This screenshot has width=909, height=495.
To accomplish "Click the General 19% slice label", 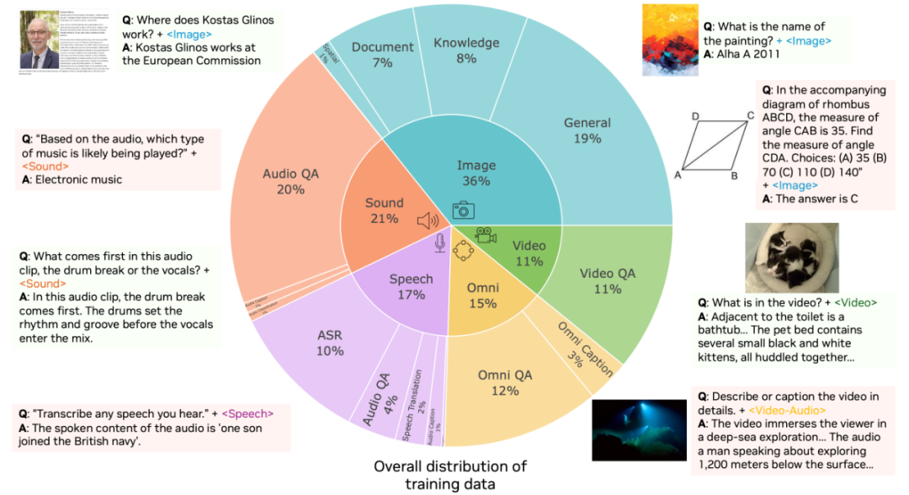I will coord(587,130).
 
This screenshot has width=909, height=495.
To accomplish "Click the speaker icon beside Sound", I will coord(428,221).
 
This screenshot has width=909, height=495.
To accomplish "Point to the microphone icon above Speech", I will coord(439,242).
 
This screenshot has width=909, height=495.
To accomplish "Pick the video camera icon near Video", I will coord(486,236).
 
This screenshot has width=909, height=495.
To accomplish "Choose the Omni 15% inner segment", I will coord(482,295).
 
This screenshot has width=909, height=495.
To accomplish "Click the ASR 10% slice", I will coord(329,343).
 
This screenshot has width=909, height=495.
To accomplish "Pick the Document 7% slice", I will coord(383,56).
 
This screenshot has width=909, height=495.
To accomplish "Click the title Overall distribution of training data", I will coord(450,474).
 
